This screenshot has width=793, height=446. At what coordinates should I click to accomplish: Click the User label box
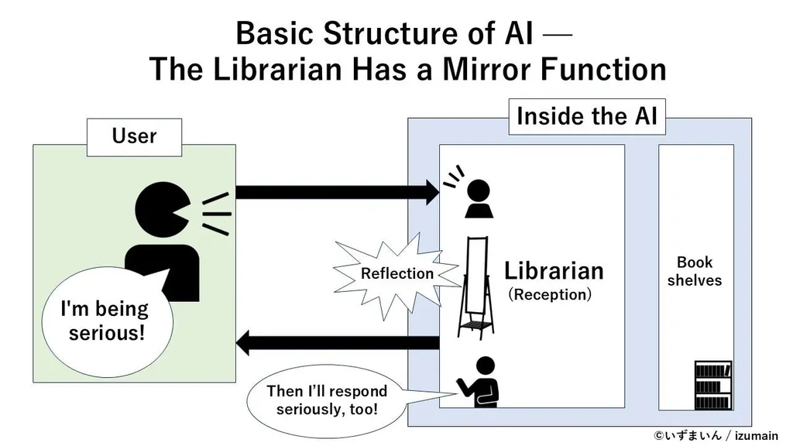tap(134, 137)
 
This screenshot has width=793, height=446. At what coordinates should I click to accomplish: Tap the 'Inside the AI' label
tap(586, 117)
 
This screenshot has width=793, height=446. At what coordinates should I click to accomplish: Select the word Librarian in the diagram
tap(554, 271)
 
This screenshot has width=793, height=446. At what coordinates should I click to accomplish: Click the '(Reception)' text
tap(550, 295)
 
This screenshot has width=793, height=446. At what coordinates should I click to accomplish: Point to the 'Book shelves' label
tap(695, 271)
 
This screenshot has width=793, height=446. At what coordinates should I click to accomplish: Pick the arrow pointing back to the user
tap(337, 341)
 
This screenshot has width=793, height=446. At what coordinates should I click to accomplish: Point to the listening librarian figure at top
tap(478, 199)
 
